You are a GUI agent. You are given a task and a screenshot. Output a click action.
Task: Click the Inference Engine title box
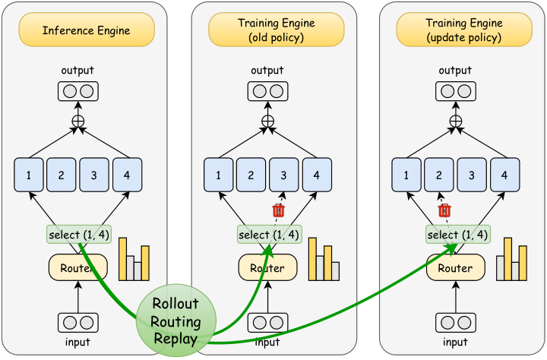click(87, 30)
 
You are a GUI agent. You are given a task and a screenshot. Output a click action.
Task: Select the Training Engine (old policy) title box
click(277, 30)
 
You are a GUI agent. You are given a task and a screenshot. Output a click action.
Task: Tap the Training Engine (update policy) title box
click(464, 30)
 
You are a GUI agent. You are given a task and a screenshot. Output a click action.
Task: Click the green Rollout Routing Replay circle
click(176, 321)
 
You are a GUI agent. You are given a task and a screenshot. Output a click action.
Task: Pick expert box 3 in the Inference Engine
click(94, 175)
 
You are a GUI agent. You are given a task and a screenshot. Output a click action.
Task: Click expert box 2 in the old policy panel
click(251, 175)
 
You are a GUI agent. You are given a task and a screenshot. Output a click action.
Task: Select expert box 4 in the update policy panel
click(504, 175)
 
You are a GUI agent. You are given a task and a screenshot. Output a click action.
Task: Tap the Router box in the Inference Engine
click(77, 267)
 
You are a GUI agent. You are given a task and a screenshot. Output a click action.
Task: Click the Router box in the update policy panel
click(456, 267)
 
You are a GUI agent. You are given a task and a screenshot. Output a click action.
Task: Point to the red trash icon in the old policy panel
click(278, 210)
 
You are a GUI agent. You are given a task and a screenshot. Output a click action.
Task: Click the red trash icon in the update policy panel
click(444, 210)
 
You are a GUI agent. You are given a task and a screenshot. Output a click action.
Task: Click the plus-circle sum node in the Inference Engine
click(77, 122)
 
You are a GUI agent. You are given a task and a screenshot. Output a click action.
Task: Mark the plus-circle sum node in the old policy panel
click(267, 122)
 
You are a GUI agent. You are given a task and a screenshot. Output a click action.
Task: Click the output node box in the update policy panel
click(456, 91)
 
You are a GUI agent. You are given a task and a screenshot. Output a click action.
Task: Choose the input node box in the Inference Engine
click(77, 323)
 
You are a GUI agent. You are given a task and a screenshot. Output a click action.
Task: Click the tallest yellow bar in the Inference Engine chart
click(123, 259)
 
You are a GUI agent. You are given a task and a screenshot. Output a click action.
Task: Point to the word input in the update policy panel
click(455, 343)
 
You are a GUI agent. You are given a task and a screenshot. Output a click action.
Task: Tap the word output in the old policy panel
click(267, 71)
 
